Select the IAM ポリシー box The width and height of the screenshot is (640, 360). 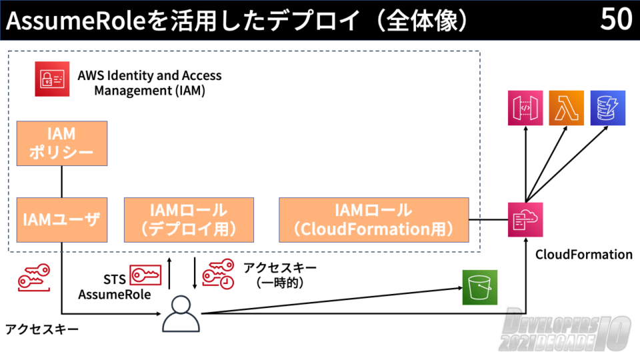(62, 143)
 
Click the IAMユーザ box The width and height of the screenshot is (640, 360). (62, 219)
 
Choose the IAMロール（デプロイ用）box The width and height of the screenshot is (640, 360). (189, 219)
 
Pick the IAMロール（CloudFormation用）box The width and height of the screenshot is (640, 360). (373, 219)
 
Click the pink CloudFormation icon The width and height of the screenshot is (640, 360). (525, 220)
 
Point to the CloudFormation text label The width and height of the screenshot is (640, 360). (583, 255)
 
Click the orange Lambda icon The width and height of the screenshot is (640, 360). (566, 108)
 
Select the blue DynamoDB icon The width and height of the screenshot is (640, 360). (607, 108)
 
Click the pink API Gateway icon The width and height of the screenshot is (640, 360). (525, 108)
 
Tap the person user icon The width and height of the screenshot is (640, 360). (181, 313)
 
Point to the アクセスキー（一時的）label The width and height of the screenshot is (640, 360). (279, 275)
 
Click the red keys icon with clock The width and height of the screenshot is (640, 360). (218, 273)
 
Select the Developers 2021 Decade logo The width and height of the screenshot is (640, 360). (566, 331)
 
